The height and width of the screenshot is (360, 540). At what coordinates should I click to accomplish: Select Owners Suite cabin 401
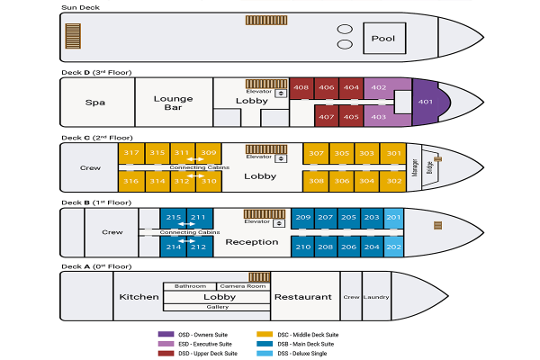coord(426,102)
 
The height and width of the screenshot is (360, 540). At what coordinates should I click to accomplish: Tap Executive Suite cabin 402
coord(379,87)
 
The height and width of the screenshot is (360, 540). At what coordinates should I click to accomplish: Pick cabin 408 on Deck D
coord(301,87)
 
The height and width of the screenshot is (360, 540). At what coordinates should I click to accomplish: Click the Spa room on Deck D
coord(95,103)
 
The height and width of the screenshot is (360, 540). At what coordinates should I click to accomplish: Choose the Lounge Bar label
coord(174,103)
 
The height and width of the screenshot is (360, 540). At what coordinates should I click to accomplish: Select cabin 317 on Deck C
coord(131,153)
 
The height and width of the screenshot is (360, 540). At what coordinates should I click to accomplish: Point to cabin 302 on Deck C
coord(393,181)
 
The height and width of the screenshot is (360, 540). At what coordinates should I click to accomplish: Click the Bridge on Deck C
coord(429,166)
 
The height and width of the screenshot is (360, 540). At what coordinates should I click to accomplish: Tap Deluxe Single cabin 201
coord(393,219)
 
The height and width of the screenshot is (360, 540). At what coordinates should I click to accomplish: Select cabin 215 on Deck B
coord(174,219)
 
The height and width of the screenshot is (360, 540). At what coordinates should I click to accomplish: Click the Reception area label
coord(252,242)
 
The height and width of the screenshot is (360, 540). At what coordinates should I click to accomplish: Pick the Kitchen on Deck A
coord(139,296)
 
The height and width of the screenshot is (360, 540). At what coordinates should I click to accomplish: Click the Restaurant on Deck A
coord(303,296)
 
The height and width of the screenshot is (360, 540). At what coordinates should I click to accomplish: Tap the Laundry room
coord(375,296)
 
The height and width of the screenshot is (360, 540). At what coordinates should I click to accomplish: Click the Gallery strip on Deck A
coord(217,307)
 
